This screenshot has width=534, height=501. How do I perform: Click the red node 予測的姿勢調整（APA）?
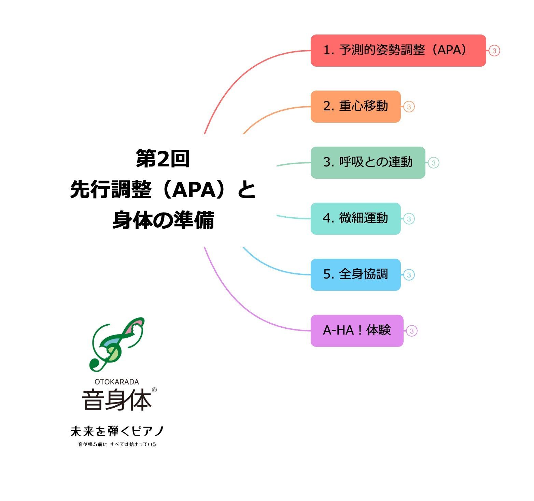click(398, 51)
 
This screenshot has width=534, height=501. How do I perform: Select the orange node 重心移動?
click(355, 107)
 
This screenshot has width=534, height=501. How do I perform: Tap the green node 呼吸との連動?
click(368, 163)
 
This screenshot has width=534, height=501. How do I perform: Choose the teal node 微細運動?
click(355, 219)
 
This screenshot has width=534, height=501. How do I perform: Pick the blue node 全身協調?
click(355, 275)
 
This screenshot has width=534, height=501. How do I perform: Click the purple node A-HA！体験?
click(357, 331)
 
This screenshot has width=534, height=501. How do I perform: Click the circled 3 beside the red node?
click(494, 51)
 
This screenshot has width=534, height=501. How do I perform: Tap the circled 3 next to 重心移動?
click(409, 107)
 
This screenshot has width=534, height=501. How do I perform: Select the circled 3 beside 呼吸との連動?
click(433, 163)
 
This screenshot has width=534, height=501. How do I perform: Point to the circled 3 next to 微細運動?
click(409, 219)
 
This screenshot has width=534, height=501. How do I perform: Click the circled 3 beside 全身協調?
click(409, 275)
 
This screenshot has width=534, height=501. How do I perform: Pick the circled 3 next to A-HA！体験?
click(411, 331)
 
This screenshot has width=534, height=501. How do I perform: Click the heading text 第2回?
click(163, 159)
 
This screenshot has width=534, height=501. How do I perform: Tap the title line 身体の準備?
click(163, 220)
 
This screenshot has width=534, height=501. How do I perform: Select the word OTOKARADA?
click(117, 382)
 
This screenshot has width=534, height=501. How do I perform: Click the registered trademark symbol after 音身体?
click(154, 390)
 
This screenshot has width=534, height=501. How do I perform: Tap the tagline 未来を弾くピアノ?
click(117, 431)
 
